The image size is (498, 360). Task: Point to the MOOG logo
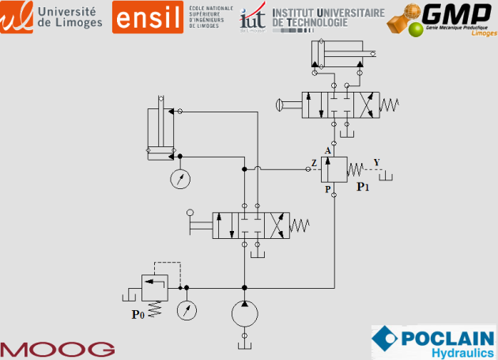click(x=57, y=349)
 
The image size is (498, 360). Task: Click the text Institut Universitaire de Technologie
click(x=327, y=17)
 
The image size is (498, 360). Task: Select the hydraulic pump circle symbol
click(x=244, y=314)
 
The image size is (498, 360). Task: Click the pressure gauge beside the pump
click(x=187, y=309)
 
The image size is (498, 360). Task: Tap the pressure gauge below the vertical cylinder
click(x=181, y=179)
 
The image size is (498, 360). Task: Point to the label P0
click(x=138, y=314)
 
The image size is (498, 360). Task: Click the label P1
click(x=363, y=188)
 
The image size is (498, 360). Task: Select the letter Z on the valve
click(x=314, y=163)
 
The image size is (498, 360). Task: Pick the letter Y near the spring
click(x=376, y=163)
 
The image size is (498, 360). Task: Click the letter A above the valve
click(x=327, y=150)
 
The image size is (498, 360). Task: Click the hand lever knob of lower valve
click(x=191, y=212)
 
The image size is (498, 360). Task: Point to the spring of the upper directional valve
click(x=390, y=104)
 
